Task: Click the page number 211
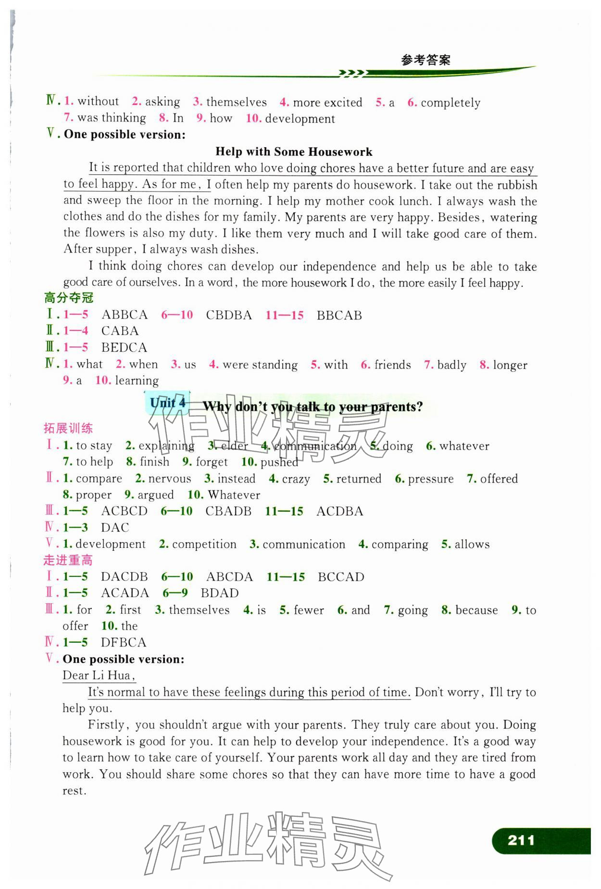pos(521,840)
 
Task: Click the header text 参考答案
pos(426,60)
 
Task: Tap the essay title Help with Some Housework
pos(294,152)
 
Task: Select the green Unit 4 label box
pos(167,403)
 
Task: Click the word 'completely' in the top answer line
pos(451,103)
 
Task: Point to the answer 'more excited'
pos(327,102)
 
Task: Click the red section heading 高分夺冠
pos(69,298)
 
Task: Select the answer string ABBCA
pos(125,315)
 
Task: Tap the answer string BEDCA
pos(124,347)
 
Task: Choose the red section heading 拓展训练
pos(68,428)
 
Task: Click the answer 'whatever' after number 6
pos(464,446)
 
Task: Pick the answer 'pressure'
pos(430,479)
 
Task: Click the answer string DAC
pos(115,528)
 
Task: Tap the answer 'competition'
pos(204,544)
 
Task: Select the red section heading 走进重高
pos(68,560)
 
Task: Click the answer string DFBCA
pos(123,642)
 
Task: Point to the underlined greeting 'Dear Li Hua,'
pos(99,675)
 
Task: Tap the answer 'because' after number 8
pos(476,610)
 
